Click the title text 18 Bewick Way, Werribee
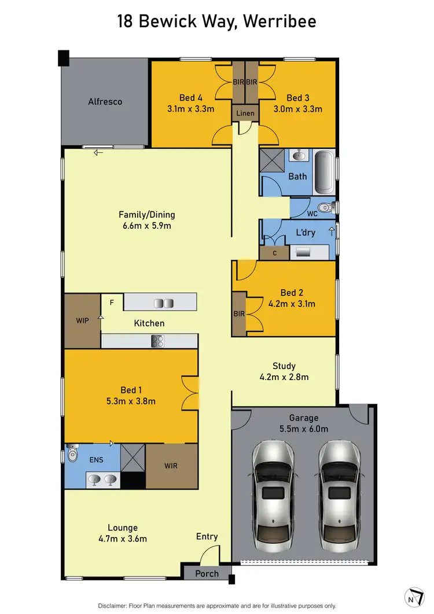[x=216, y=22]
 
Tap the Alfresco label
[x=105, y=101]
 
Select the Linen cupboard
[x=245, y=113]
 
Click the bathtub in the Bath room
[x=325, y=172]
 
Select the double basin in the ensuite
[x=103, y=479]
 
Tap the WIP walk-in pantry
[x=82, y=320]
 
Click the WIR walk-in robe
[x=171, y=466]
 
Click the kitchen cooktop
[x=157, y=341]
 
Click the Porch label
[x=207, y=573]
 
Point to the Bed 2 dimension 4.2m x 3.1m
[x=292, y=303]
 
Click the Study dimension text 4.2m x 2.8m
[x=284, y=377]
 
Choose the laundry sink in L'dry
[x=303, y=252]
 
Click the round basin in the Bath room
[x=299, y=155]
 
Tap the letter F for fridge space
[x=111, y=302]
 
